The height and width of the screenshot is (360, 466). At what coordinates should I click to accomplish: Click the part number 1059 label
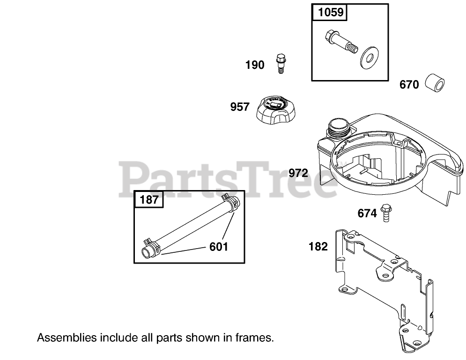point(331,13)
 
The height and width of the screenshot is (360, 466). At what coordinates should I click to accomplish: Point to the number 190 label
point(255,66)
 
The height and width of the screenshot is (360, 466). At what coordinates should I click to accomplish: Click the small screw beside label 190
point(281,63)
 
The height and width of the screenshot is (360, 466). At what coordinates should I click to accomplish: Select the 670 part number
point(409,85)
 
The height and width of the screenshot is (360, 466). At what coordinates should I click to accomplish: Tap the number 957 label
point(240,107)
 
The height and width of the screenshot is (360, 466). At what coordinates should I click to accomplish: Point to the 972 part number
point(298,174)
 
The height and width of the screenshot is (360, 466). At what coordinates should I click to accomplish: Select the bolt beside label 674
point(386,213)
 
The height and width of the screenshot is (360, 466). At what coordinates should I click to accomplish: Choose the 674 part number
point(367,214)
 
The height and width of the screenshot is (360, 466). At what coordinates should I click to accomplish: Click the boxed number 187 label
point(149,200)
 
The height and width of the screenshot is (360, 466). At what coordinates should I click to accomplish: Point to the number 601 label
point(219,246)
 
